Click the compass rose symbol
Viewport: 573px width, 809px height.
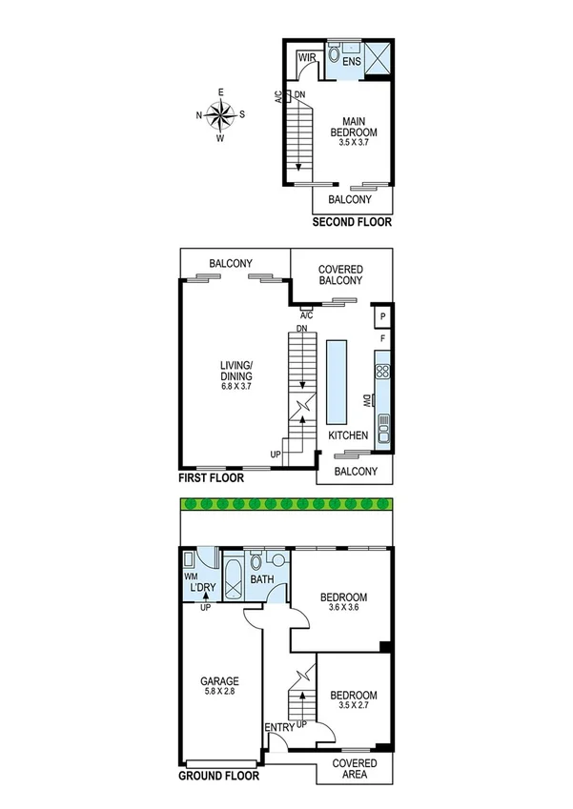point(220,115)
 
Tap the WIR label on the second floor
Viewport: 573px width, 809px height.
point(307,58)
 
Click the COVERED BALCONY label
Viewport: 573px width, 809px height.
point(340,275)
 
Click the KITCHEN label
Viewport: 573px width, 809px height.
point(348,435)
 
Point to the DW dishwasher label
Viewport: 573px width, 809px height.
point(366,403)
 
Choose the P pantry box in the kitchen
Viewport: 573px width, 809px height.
point(381,316)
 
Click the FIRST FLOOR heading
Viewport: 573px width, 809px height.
point(212,478)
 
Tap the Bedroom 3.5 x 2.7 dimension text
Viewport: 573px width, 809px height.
point(354,702)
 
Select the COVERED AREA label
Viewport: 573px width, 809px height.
point(354,770)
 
